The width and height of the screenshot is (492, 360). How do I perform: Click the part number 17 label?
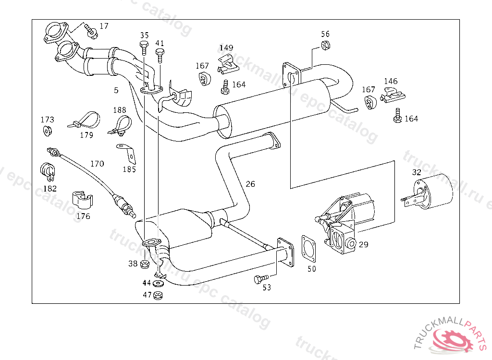point(104,26)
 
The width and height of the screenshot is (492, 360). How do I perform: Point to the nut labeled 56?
point(325,46)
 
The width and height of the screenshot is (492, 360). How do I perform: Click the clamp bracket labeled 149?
point(228,64)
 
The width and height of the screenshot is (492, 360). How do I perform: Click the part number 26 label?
point(250,184)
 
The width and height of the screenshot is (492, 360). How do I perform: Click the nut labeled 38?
point(145,263)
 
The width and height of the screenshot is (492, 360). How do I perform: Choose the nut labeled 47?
point(159,295)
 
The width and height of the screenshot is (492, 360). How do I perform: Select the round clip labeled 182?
point(47,171)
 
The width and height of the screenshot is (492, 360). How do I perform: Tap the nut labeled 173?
point(47,131)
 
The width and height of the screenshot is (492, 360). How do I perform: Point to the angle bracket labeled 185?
point(127,153)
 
